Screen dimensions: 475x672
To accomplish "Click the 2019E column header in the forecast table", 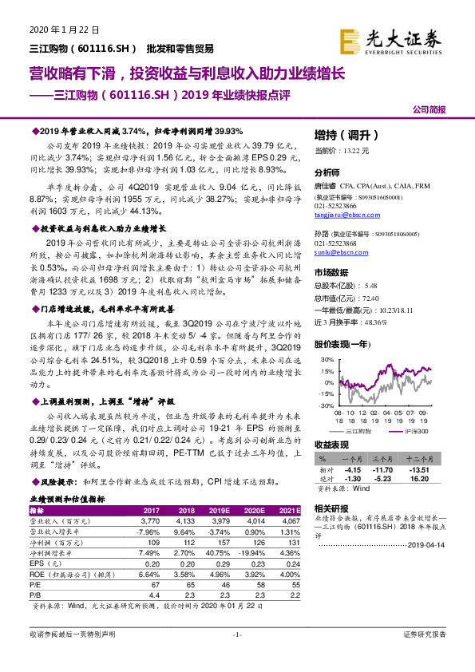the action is pyautogui.click(x=215, y=510).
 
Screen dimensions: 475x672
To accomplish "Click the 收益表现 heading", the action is pyautogui.click(x=331, y=444).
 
